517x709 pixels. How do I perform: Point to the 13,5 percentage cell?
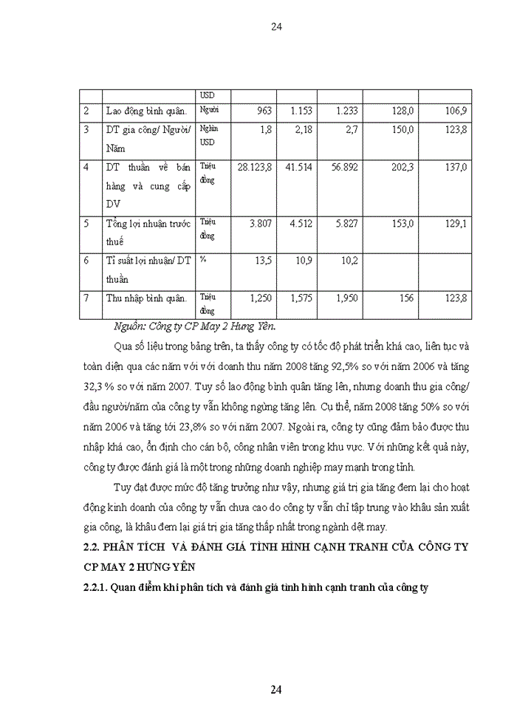(263, 261)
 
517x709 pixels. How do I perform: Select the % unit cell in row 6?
(203, 261)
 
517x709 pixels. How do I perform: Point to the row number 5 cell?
(86, 223)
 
